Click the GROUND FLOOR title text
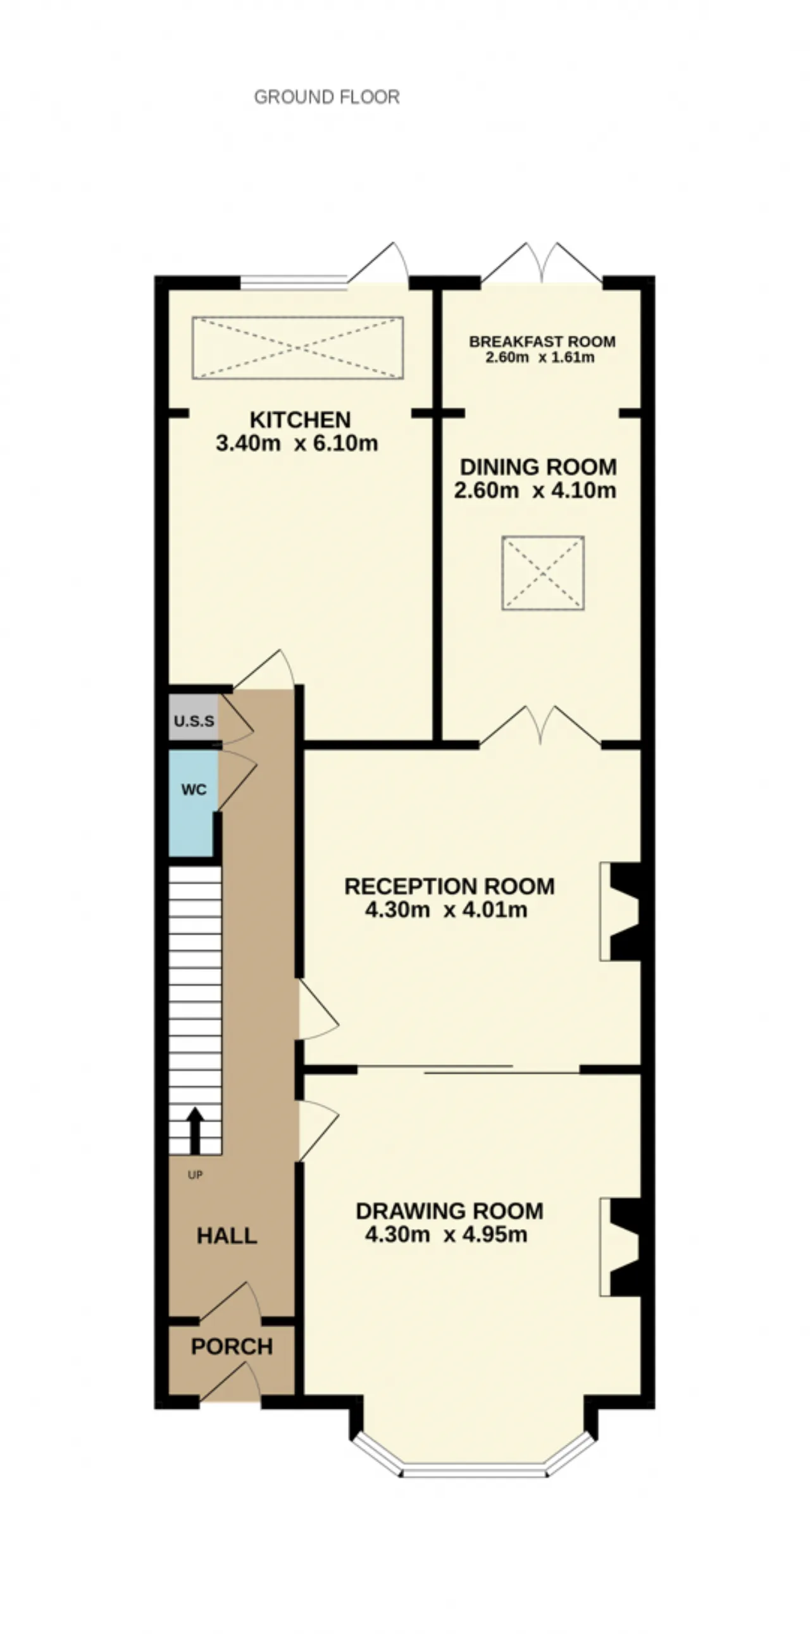coord(327,97)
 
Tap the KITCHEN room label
coord(300,420)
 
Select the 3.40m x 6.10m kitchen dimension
coord(297,443)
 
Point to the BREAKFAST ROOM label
coord(542,341)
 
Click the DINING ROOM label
coord(538,467)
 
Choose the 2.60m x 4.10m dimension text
coord(535,490)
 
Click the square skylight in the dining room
coord(543,573)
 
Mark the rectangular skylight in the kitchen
coord(297,347)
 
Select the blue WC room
coord(194,803)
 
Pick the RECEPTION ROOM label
coord(449,886)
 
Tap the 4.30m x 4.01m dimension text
coord(446,910)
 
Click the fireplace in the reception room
coord(620,911)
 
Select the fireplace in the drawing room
coord(620,1247)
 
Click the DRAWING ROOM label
coord(449,1211)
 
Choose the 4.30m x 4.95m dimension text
coord(446,1234)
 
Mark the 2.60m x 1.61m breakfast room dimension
coord(540,357)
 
